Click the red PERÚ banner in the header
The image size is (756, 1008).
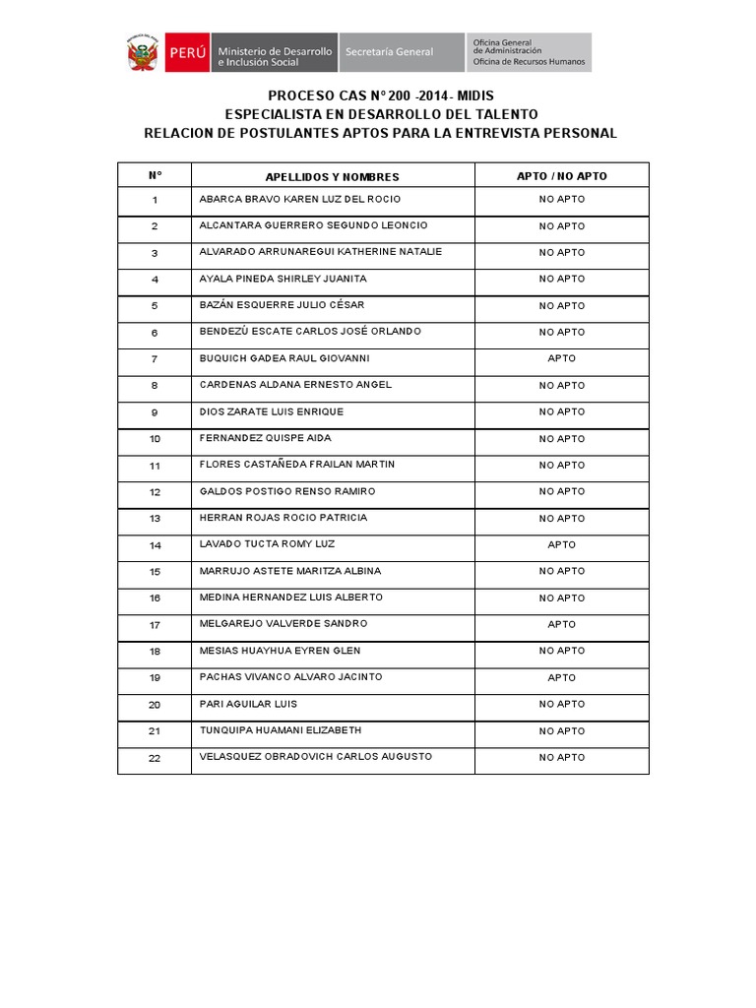coord(186,52)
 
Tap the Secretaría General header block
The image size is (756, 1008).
coord(401,52)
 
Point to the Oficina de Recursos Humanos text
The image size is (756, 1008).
coord(529,62)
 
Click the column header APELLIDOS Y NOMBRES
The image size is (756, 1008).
coord(332,177)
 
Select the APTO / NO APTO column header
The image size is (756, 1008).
coord(562,176)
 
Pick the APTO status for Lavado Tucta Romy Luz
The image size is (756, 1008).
coord(562,544)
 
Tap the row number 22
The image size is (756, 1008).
coord(155,758)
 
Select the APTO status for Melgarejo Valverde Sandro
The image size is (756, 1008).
coord(562,624)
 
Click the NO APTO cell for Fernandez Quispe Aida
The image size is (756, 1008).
coord(562,439)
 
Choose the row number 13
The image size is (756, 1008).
coord(155,519)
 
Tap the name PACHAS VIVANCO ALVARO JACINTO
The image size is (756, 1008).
coord(290,677)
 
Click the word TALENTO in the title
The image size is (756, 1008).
coord(502,114)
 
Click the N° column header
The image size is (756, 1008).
coord(155,176)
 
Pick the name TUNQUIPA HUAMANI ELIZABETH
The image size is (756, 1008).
coord(281,730)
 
